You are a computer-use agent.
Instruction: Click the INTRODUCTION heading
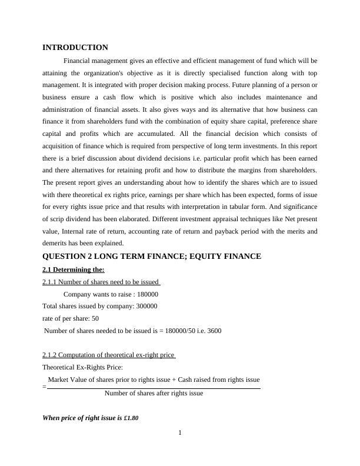point(75,47)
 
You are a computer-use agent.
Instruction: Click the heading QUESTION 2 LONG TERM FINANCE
point(152,256)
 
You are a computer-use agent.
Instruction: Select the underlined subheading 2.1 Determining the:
point(74,269)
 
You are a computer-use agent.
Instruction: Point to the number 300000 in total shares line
point(146,306)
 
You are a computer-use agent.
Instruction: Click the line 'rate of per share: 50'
point(71,318)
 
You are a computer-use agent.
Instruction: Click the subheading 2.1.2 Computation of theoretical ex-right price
point(109,355)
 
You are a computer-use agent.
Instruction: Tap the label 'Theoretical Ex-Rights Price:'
point(82,367)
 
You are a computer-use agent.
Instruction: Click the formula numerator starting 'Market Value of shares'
point(154,380)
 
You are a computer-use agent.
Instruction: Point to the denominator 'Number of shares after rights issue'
point(154,393)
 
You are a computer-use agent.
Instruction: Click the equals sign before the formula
point(45,387)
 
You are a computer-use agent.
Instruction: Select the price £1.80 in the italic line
point(131,418)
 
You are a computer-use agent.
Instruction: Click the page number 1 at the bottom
point(180,433)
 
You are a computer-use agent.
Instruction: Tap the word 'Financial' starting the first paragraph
point(78,60)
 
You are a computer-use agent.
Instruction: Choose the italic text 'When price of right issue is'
point(82,418)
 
